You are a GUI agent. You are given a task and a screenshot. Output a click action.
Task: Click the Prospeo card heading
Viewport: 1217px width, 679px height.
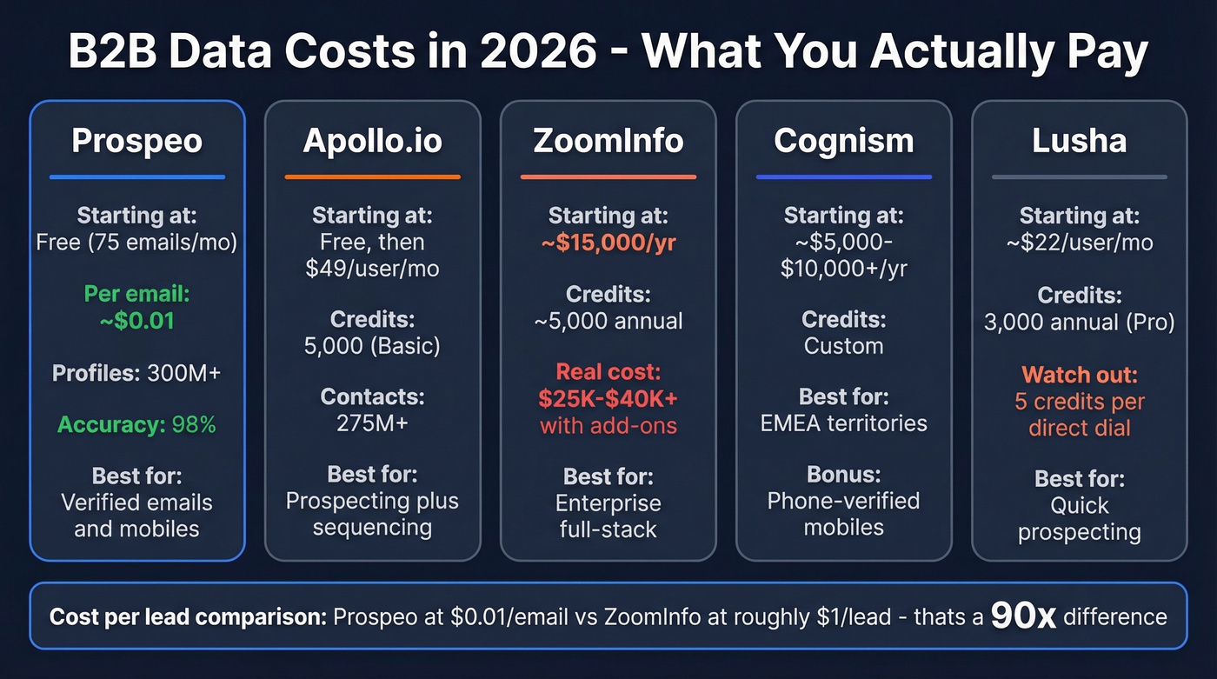coord(136,141)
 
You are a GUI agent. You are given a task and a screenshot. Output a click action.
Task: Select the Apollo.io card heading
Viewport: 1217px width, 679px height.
coord(372,141)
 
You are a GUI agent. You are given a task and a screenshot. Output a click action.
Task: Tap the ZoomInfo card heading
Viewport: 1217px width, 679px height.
coord(608,141)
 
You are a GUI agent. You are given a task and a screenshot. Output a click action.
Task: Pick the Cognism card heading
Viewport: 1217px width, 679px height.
coord(843,141)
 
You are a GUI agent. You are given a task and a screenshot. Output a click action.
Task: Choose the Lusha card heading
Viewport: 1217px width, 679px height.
coord(1079,141)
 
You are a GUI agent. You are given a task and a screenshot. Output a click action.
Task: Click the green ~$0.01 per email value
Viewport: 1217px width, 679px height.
coord(136,320)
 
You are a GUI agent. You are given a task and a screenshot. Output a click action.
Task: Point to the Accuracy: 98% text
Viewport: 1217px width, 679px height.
coord(136,425)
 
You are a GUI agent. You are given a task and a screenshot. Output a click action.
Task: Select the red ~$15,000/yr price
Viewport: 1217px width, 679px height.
coord(608,242)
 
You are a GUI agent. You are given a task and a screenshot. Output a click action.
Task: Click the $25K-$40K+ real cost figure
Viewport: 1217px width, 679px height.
coord(608,399)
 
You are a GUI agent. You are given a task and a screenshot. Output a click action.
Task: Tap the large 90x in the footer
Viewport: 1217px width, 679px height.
coord(1023,616)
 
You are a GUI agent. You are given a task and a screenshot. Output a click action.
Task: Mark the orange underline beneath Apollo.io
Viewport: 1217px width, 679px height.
coord(372,177)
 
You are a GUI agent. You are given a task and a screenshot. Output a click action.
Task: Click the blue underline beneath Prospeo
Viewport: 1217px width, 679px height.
coord(136,177)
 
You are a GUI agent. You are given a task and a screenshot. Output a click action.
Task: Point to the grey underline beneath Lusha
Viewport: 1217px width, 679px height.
coord(1079,177)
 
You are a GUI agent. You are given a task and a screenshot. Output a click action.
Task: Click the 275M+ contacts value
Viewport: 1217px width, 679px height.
coord(372,424)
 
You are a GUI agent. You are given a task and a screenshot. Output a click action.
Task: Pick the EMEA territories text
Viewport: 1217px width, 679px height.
coord(843,423)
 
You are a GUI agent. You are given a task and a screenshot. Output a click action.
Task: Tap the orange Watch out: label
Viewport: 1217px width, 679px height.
coord(1079,376)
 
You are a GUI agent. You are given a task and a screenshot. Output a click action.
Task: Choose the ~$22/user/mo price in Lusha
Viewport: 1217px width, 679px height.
coord(1079,242)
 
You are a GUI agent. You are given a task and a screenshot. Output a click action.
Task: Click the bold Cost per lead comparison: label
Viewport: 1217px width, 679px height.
coord(188,617)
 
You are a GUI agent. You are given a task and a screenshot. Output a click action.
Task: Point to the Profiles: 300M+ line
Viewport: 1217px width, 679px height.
coord(136,373)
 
